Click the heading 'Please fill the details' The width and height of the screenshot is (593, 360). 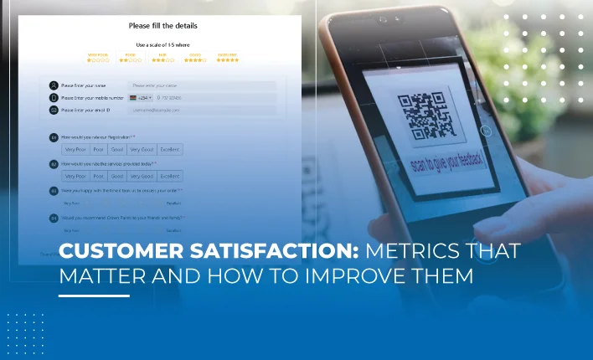[x=163, y=26]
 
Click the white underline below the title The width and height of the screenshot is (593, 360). [x=94, y=296]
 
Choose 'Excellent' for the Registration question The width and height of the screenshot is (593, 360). [x=170, y=150]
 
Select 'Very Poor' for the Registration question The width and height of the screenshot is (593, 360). [x=75, y=150]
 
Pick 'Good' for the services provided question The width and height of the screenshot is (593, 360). [x=117, y=177]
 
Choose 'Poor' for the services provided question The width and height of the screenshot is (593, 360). [x=98, y=177]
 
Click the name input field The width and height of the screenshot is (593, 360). [x=201, y=85]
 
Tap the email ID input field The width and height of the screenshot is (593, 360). [x=201, y=110]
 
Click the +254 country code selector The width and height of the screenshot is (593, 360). [x=138, y=98]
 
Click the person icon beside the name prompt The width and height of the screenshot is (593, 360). [x=54, y=85]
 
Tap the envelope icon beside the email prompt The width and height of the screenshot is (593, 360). [x=54, y=110]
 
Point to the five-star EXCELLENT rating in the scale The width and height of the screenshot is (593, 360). [x=227, y=59]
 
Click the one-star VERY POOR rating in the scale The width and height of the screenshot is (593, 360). [x=99, y=59]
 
